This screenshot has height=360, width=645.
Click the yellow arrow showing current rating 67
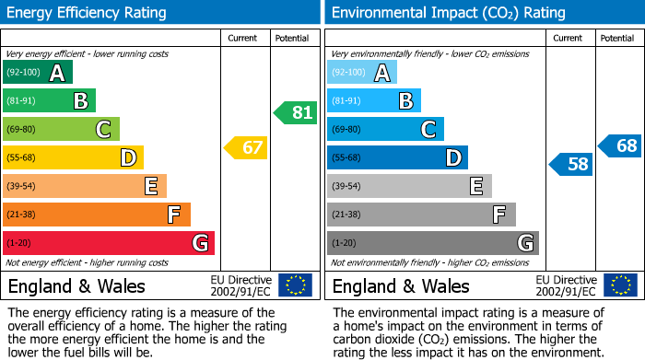[246, 147]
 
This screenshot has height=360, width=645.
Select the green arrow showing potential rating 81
[295, 113]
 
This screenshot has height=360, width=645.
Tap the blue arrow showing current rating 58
[570, 165]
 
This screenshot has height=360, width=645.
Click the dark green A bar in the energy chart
[38, 73]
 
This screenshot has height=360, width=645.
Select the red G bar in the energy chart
[109, 243]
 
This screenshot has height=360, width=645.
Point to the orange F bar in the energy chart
[97, 215]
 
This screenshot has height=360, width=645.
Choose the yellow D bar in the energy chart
[74, 157]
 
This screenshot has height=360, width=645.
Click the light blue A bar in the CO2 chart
[362, 73]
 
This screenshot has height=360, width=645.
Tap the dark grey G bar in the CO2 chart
[433, 243]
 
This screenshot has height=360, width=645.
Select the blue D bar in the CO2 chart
[397, 157]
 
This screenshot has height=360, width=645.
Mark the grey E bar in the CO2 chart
[409, 186]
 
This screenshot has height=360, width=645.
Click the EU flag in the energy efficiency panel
[295, 285]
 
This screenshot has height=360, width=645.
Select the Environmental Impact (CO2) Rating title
[448, 13]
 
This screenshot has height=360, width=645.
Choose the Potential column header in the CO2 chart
[617, 38]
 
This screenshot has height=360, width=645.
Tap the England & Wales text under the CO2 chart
[401, 286]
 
